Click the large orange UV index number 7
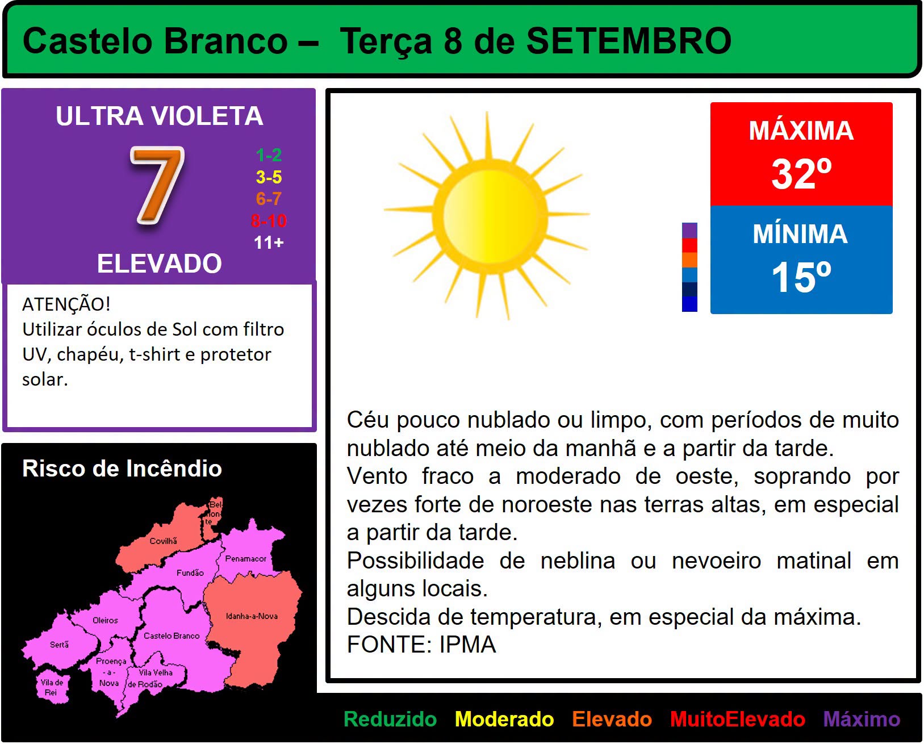tap(157, 186)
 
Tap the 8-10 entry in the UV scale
tap(269, 221)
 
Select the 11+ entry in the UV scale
tap(269, 243)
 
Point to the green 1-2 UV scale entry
tap(269, 155)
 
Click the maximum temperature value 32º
tap(801, 174)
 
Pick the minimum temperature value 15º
tap(801, 278)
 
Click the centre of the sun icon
tap(490, 216)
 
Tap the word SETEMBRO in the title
tap(629, 41)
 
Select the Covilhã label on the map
tap(163, 541)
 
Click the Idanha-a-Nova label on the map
tap(252, 616)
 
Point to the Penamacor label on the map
tap(245, 558)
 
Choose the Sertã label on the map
tap(59, 645)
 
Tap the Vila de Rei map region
tap(52, 686)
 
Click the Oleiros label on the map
tap(105, 620)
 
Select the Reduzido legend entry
tap(390, 719)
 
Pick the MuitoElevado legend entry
tap(738, 719)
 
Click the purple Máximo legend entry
tap(862, 719)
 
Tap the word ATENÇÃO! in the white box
tap(66, 304)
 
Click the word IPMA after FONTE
tap(467, 645)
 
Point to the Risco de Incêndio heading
tap(122, 468)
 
